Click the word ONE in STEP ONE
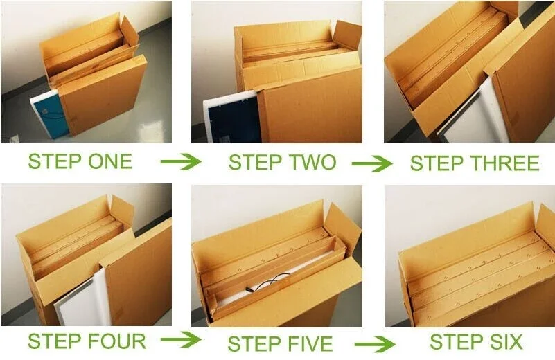[110, 161]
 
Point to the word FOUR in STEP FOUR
[116, 341]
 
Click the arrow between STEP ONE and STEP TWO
[181, 161]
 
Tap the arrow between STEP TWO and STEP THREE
[372, 163]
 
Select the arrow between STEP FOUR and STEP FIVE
[181, 340]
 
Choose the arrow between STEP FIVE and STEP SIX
[375, 345]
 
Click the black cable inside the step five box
[270, 283]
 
